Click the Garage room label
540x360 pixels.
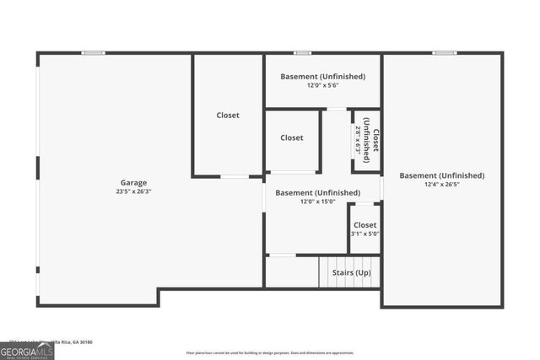(x=133, y=182)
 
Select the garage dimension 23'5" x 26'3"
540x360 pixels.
(x=133, y=191)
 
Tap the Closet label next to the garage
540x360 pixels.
(x=228, y=116)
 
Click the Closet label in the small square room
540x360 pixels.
(x=292, y=137)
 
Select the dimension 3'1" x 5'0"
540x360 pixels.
(x=364, y=234)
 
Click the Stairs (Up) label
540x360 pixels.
(x=350, y=272)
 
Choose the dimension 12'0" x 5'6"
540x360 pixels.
(x=322, y=85)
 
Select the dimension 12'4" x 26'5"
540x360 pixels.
(x=442, y=185)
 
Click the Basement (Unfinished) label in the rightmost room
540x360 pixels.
(x=442, y=175)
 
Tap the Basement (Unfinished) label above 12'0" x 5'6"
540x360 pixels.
(x=322, y=76)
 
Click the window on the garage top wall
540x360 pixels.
(x=93, y=53)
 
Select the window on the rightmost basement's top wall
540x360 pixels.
(x=445, y=53)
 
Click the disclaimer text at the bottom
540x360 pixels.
(x=270, y=352)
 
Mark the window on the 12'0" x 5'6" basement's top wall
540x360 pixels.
(x=302, y=53)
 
